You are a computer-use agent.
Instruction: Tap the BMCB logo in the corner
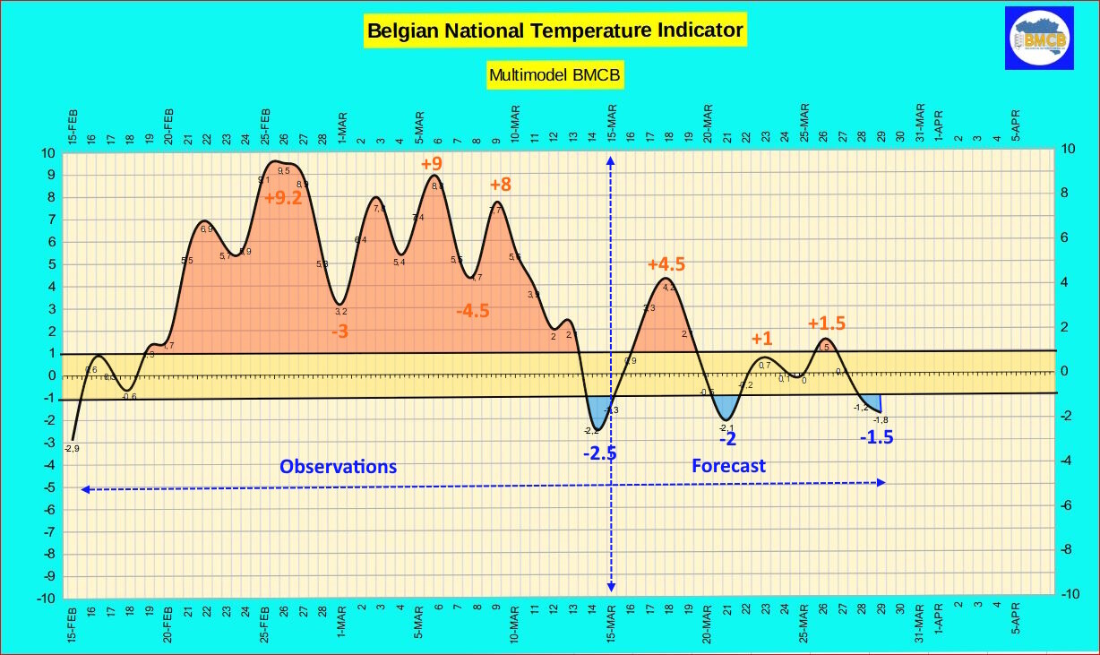pos(1039,38)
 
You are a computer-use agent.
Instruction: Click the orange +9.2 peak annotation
pos(283,199)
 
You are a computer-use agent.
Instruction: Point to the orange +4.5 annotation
pos(666,264)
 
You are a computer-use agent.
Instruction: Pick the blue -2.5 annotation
pos(599,453)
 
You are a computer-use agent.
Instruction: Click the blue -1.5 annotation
pos(876,438)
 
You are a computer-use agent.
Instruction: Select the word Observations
pos(338,467)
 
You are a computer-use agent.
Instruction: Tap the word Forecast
pos(728,466)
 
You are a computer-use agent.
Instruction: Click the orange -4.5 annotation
pos(472,311)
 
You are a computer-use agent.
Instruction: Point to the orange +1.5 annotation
pos(827,323)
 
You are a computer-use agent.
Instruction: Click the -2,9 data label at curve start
pos(72,448)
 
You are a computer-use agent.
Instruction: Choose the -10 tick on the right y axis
pos(1070,595)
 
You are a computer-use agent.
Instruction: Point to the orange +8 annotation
pos(500,185)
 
